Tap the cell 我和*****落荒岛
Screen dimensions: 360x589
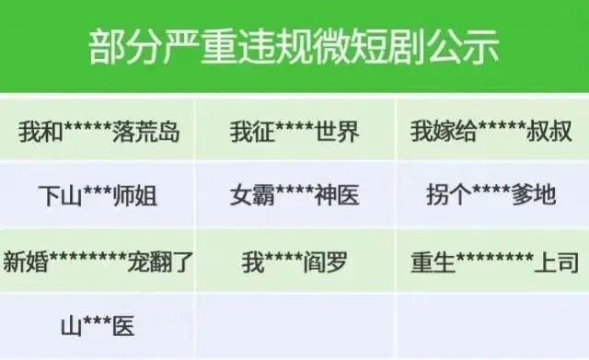[98, 131]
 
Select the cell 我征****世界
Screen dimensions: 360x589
[294, 131]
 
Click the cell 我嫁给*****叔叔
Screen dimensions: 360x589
[491, 131]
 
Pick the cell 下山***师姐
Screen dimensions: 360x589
[98, 196]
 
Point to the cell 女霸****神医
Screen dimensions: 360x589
[294, 196]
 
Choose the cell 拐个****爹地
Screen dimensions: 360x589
[491, 196]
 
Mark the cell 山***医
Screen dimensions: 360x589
[98, 326]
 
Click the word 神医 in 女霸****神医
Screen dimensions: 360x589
[337, 196]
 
